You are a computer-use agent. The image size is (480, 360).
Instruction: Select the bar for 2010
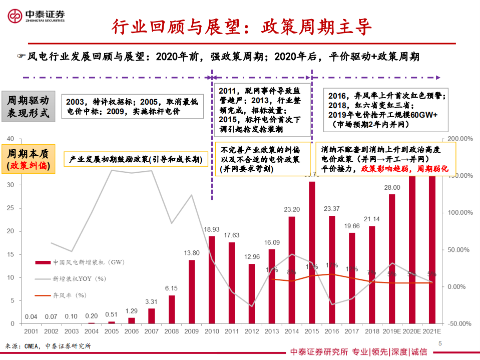[212, 279]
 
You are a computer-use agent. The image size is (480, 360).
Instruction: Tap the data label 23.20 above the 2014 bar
[291, 209]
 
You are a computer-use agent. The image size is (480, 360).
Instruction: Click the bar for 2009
[192, 291]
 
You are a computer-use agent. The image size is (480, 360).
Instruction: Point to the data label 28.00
[392, 187]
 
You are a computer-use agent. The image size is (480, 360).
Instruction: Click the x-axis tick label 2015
[311, 331]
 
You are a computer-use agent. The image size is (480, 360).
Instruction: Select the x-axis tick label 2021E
[431, 331]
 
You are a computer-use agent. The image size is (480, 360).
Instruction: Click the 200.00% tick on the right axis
[456, 138]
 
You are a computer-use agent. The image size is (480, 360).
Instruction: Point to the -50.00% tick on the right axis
[457, 323]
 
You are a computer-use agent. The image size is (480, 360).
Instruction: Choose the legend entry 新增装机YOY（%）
[80, 278]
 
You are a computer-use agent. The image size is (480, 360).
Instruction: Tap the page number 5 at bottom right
[440, 343]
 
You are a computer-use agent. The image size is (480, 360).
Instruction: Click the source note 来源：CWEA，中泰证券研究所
[48, 346]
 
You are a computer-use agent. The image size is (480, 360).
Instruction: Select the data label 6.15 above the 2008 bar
[172, 288]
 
